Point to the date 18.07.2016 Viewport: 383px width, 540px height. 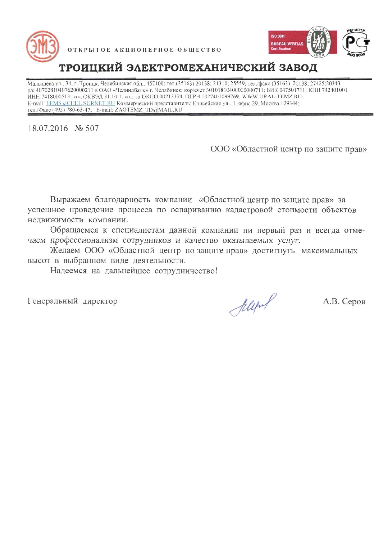[48, 128]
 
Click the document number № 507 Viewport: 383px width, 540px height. [86, 128]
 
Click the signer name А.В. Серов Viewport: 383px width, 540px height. [344, 301]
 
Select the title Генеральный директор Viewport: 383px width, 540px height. [72, 301]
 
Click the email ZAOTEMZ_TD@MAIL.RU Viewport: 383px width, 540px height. [148, 109]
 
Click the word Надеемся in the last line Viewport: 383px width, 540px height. [68, 271]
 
